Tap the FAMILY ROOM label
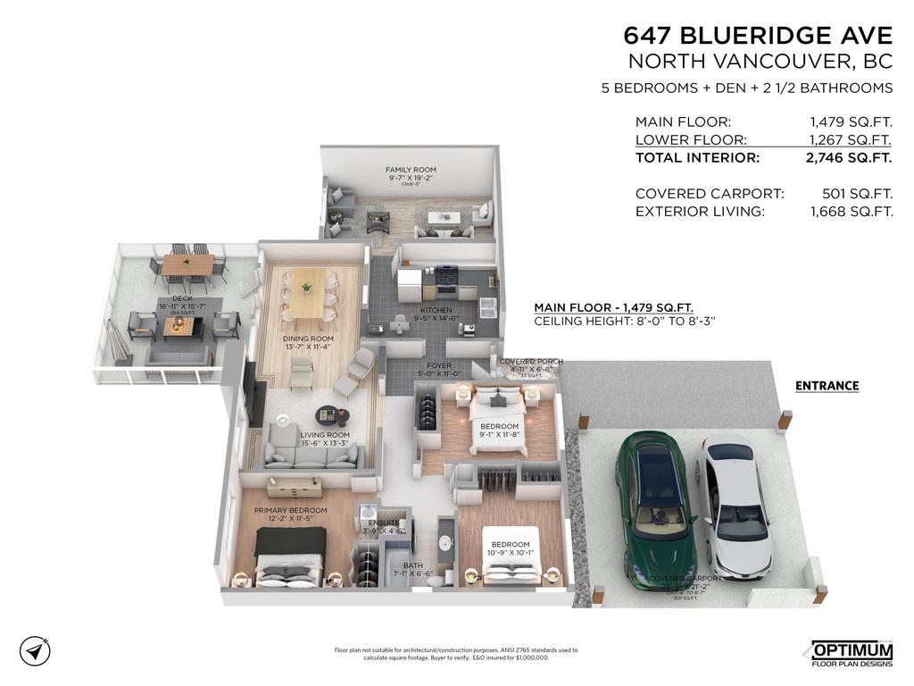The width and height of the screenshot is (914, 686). (411, 170)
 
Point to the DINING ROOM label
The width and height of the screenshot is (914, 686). (308, 339)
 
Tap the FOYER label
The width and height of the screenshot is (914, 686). (438, 365)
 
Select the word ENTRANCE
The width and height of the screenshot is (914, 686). (827, 386)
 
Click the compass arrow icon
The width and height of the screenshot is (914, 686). (34, 650)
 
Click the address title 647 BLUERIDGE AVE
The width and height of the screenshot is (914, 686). (758, 36)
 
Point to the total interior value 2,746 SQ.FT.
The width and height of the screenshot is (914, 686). (849, 158)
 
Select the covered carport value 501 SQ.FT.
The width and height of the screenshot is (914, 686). (857, 194)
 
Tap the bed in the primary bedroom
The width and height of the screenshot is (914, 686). (287, 558)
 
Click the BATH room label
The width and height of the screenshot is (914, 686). (412, 565)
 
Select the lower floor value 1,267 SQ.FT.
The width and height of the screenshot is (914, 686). (849, 139)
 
